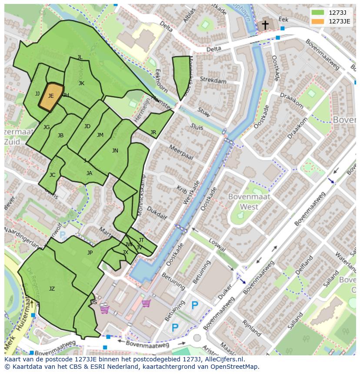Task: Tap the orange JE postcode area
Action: pos(51,96)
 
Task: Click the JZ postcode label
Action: pos(52,289)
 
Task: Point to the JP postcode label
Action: pos(90,253)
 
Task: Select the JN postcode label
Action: pos(115,151)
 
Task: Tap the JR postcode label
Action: pos(153,132)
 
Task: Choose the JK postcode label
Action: pos(81,83)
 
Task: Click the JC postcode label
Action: pos(52,175)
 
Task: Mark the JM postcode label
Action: pos(100,135)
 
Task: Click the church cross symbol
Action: pos(265,25)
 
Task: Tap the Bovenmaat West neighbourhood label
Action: pos(249,202)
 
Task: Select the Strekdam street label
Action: pos(213,81)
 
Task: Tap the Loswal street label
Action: pos(217,245)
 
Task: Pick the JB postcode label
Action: pos(60,136)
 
